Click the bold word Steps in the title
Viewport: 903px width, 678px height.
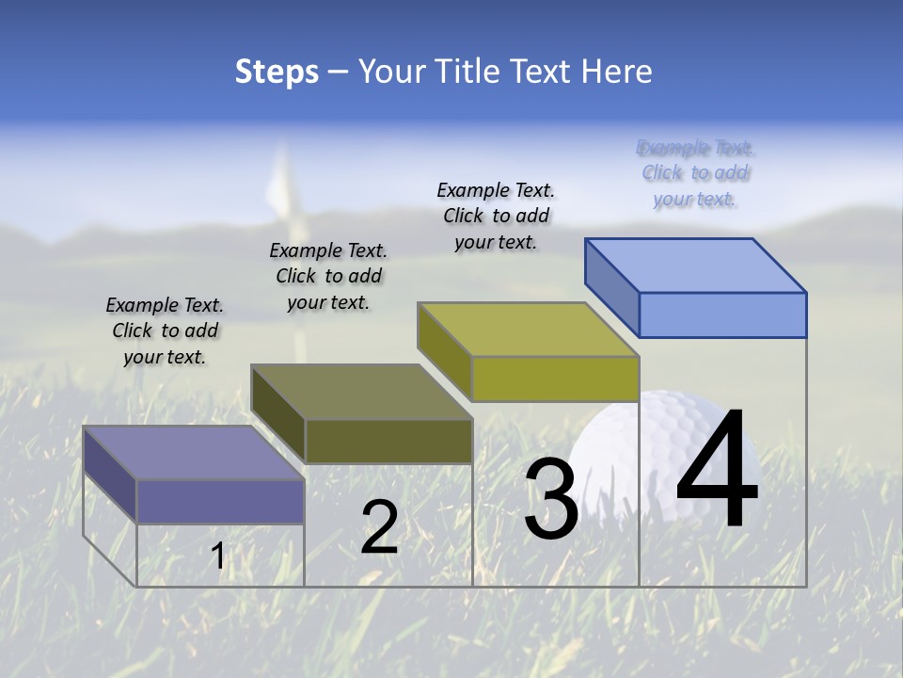pos(277,72)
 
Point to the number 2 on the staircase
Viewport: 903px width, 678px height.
pos(380,527)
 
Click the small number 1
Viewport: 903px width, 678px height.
pos(218,557)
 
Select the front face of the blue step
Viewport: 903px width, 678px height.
pos(722,315)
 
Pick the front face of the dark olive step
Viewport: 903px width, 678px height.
pos(388,441)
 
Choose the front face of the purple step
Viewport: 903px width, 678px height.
pos(220,501)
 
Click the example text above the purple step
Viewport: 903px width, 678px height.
pos(165,331)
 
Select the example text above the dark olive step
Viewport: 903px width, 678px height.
pos(328,276)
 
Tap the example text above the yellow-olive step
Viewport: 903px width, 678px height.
pos(496,216)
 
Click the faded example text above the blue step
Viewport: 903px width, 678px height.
pos(695,172)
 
